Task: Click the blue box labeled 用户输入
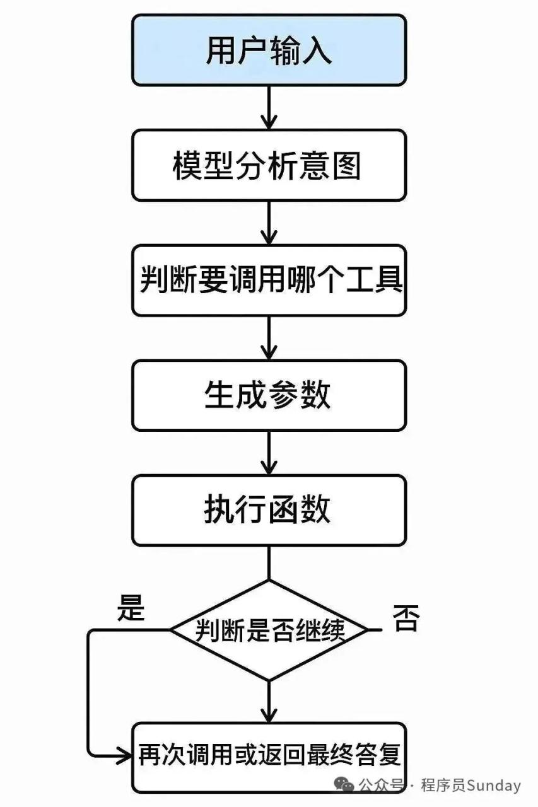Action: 269,50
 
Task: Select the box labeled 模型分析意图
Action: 269,166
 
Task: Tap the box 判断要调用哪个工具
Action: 269,281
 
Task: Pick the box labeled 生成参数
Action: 269,395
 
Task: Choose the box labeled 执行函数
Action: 269,509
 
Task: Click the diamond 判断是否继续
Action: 269,630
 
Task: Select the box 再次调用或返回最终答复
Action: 269,757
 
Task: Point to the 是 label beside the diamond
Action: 131,610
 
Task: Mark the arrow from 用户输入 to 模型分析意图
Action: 269,108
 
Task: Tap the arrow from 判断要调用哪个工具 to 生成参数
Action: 269,338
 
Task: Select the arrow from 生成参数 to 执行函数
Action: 269,453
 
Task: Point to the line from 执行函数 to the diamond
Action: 269,562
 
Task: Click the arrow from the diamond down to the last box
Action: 269,702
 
